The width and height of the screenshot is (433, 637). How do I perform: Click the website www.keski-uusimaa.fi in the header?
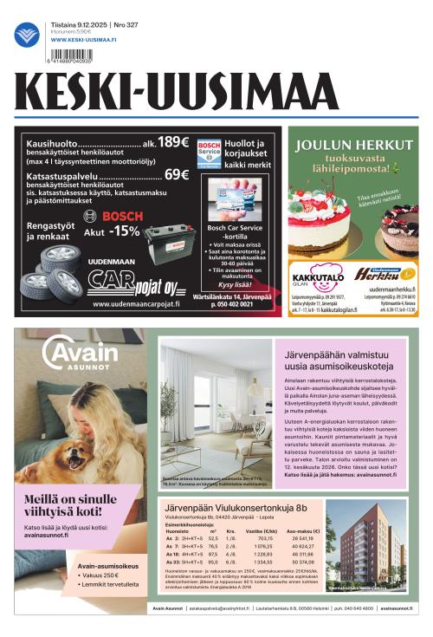tap(83, 40)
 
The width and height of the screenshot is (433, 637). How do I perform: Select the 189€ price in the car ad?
tap(172, 141)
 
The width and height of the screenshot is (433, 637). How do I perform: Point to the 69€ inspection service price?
tap(176, 174)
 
